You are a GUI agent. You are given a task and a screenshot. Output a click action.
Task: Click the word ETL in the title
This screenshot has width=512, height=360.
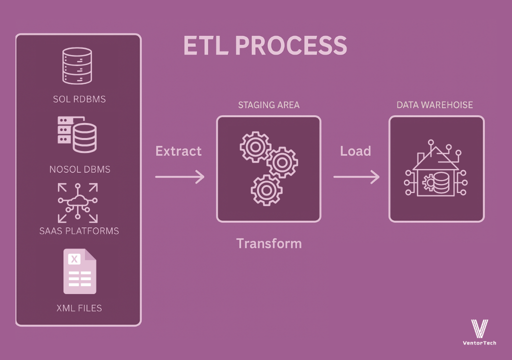tap(205, 46)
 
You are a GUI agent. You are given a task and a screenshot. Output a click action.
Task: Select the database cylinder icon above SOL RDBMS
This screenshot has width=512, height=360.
tap(77, 65)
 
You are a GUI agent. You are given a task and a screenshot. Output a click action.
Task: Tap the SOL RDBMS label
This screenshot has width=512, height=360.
tap(79, 99)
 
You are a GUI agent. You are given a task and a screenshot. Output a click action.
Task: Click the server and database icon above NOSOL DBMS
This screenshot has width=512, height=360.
tap(77, 133)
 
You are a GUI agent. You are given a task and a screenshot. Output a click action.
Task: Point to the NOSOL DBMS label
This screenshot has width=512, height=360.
tap(79, 169)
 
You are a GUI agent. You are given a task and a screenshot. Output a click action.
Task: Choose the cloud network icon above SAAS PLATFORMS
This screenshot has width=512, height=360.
tap(77, 202)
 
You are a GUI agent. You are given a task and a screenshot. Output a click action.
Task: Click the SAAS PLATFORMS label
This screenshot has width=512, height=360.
tap(79, 231)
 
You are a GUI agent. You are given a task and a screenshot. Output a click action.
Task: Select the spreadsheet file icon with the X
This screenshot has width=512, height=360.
tap(79, 271)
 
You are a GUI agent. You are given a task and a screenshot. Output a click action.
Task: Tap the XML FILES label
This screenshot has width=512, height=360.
tap(79, 308)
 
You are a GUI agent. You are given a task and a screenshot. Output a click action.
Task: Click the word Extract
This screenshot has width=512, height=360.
tap(178, 151)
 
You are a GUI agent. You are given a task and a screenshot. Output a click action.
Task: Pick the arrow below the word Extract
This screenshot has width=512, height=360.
tap(179, 176)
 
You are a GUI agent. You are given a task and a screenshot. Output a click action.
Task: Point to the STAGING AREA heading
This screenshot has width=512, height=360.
tap(268, 105)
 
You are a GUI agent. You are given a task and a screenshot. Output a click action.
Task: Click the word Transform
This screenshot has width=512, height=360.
tap(269, 243)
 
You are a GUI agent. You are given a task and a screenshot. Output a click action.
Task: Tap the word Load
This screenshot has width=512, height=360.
tap(355, 151)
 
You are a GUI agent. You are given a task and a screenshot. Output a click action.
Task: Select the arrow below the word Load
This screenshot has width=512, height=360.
tap(356, 176)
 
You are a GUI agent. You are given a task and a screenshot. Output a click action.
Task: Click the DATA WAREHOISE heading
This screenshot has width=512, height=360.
tap(434, 105)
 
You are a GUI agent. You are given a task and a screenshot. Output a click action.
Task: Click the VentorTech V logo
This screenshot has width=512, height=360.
tap(479, 328)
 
